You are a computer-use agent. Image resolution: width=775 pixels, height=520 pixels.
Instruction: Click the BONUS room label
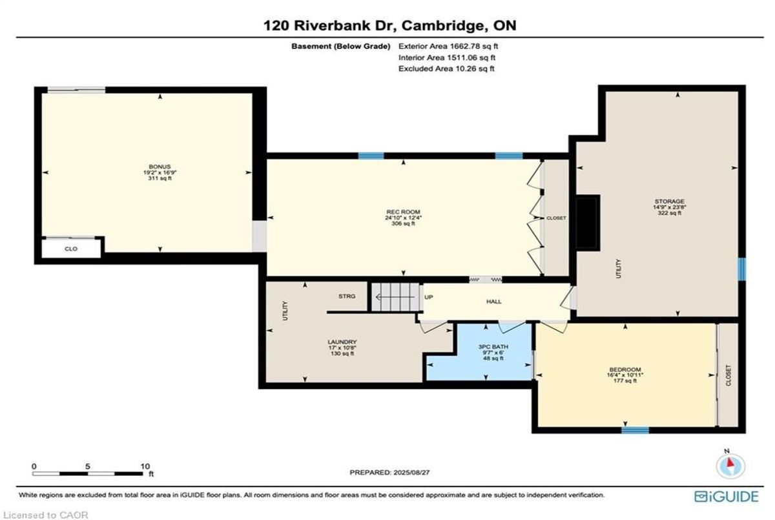point(160,167)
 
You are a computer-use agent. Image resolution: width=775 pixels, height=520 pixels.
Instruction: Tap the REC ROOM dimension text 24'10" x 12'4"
point(403,218)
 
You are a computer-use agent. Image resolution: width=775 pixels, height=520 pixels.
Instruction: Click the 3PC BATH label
point(493,347)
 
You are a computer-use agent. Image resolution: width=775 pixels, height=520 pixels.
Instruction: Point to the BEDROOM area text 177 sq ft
point(625,380)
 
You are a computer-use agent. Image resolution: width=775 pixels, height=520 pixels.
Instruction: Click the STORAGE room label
point(669,202)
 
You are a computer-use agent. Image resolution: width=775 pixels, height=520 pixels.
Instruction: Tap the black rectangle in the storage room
point(588,222)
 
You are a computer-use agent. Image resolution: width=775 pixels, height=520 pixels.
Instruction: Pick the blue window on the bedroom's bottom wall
point(635,430)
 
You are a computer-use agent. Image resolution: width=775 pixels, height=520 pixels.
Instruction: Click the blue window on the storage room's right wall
point(742,269)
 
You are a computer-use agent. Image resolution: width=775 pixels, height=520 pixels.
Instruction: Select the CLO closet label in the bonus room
point(71,249)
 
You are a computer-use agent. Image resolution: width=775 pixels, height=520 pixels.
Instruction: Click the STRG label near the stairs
point(347,296)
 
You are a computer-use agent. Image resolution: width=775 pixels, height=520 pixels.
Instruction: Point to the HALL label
point(493,302)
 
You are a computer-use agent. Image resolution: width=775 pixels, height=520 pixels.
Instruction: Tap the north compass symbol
point(730,465)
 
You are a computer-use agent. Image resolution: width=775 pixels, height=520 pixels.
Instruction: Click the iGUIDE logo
point(727,497)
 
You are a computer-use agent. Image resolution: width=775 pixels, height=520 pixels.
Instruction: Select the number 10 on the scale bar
point(145,466)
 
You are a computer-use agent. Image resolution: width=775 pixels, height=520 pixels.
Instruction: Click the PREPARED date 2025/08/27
point(411,472)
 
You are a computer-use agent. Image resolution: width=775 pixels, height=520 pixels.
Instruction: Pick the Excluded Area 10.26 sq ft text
point(446,68)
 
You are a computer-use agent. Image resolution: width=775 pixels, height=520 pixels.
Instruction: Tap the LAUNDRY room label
point(342,342)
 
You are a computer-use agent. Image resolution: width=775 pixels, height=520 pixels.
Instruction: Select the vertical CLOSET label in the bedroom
point(728,375)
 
